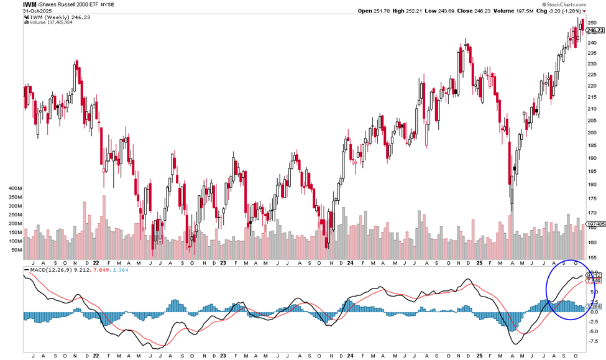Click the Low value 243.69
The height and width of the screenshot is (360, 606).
click(456, 11)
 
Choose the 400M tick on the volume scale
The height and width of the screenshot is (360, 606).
click(14, 187)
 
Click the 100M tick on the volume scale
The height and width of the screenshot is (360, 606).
click(14, 241)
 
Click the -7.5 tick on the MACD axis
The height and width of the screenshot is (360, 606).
click(593, 341)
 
